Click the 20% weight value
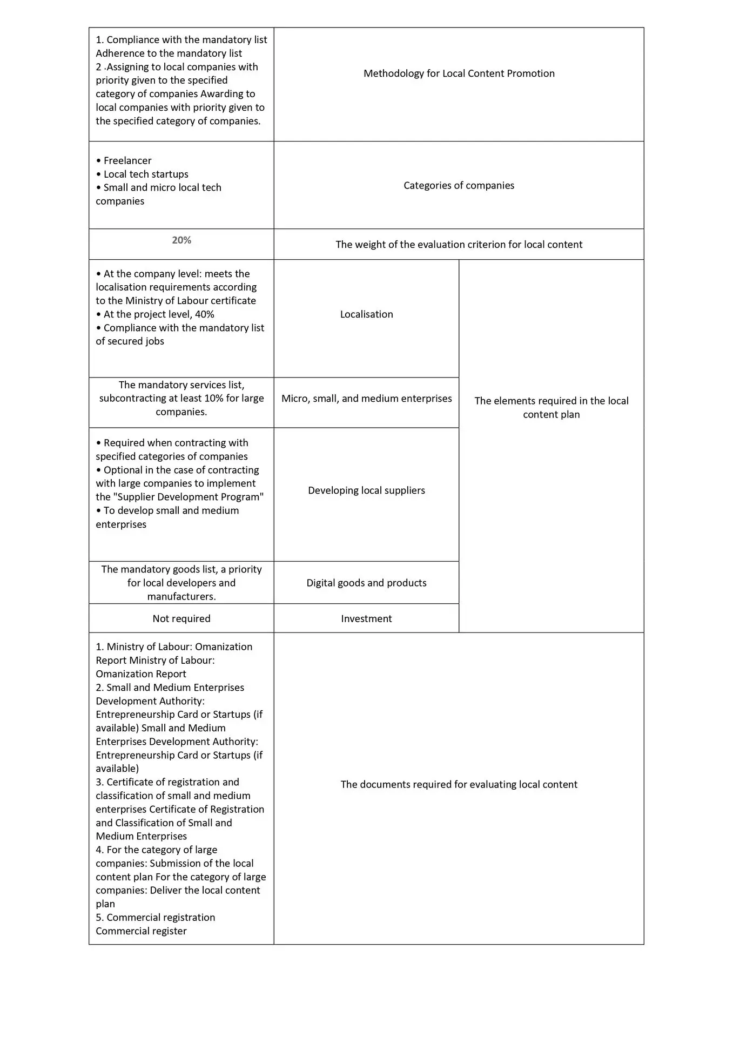pos(181,240)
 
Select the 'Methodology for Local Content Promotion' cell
pos(459,73)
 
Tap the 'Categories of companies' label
pos(459,185)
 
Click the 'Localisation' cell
pos(366,314)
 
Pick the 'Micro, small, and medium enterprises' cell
pos(366,399)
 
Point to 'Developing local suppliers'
pos(366,490)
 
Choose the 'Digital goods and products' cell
pos(366,583)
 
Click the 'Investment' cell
pos(366,618)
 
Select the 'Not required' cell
pos(181,618)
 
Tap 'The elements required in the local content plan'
pos(551,408)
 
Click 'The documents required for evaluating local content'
pos(459,784)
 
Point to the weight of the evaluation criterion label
pos(459,245)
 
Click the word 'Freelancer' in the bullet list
pos(127,161)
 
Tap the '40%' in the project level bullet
pos(204,314)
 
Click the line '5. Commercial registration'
pos(156,918)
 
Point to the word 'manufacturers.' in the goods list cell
pos(181,596)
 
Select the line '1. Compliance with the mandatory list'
pos(181,40)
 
